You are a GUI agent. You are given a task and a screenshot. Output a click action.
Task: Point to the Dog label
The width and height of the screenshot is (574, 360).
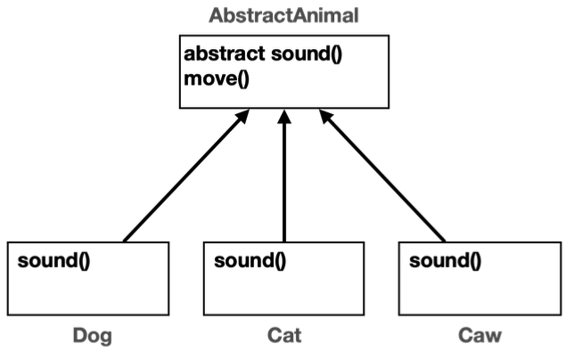tap(92, 336)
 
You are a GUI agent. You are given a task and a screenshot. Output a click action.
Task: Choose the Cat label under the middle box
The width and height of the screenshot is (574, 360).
tap(284, 336)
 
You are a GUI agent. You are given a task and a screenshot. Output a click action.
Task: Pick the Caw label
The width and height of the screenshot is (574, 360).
tap(480, 336)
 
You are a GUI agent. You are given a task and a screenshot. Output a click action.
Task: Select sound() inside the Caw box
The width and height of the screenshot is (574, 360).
tap(444, 261)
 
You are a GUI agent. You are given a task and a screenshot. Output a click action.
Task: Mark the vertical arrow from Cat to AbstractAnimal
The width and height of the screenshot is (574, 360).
tap(284, 178)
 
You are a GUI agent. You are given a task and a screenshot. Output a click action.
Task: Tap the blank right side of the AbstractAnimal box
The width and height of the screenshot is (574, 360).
tap(365, 80)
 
